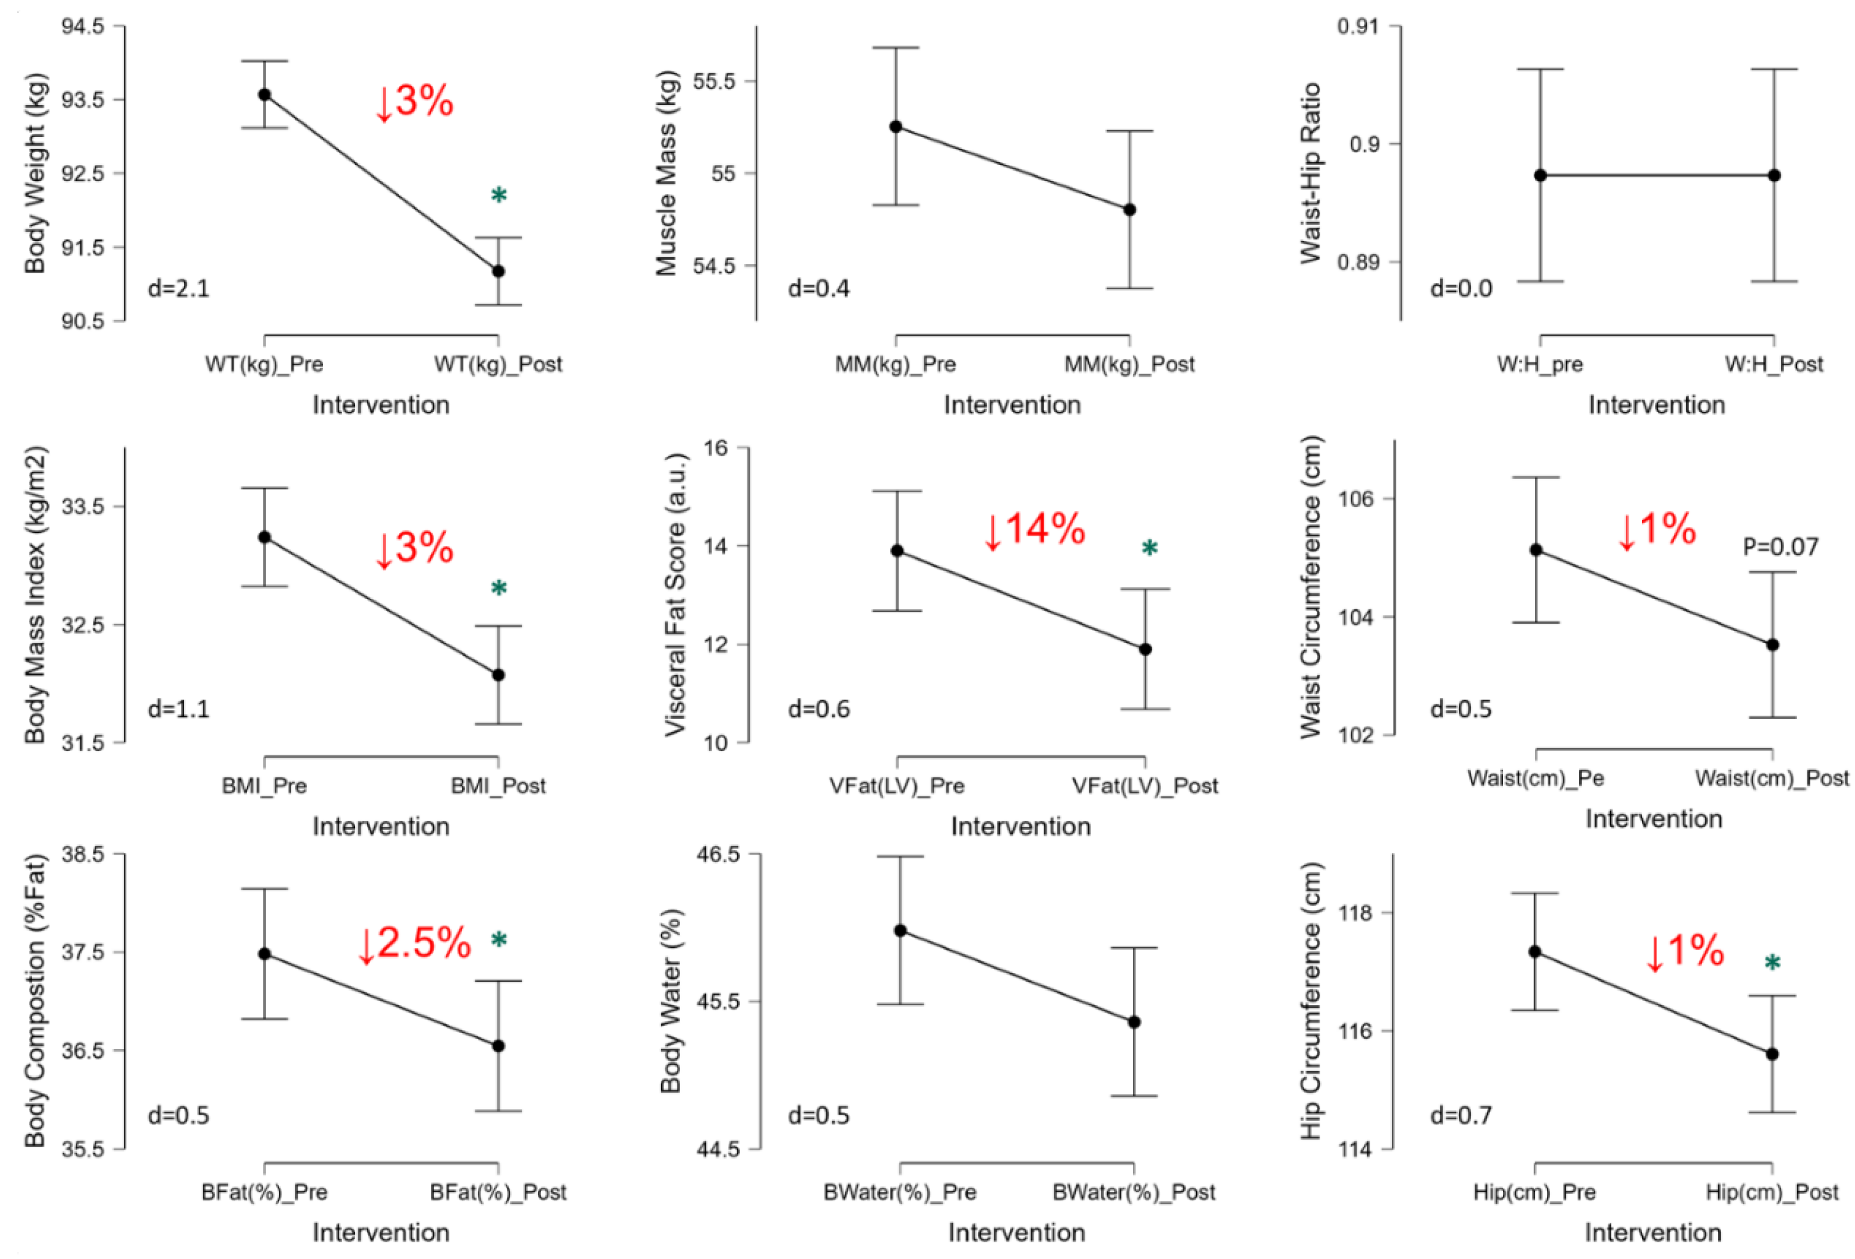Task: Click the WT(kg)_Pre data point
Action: coord(264,94)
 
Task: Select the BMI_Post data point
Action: coord(498,675)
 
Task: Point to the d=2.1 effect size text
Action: coord(179,288)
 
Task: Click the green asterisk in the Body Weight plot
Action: coord(499,196)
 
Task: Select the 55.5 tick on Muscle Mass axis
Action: coord(714,82)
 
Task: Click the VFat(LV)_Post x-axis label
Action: coord(1145,785)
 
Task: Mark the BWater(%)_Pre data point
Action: coord(900,930)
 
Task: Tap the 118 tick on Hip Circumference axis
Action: coord(1355,913)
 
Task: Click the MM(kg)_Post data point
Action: coord(1129,210)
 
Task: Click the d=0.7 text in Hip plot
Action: coord(1460,1115)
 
